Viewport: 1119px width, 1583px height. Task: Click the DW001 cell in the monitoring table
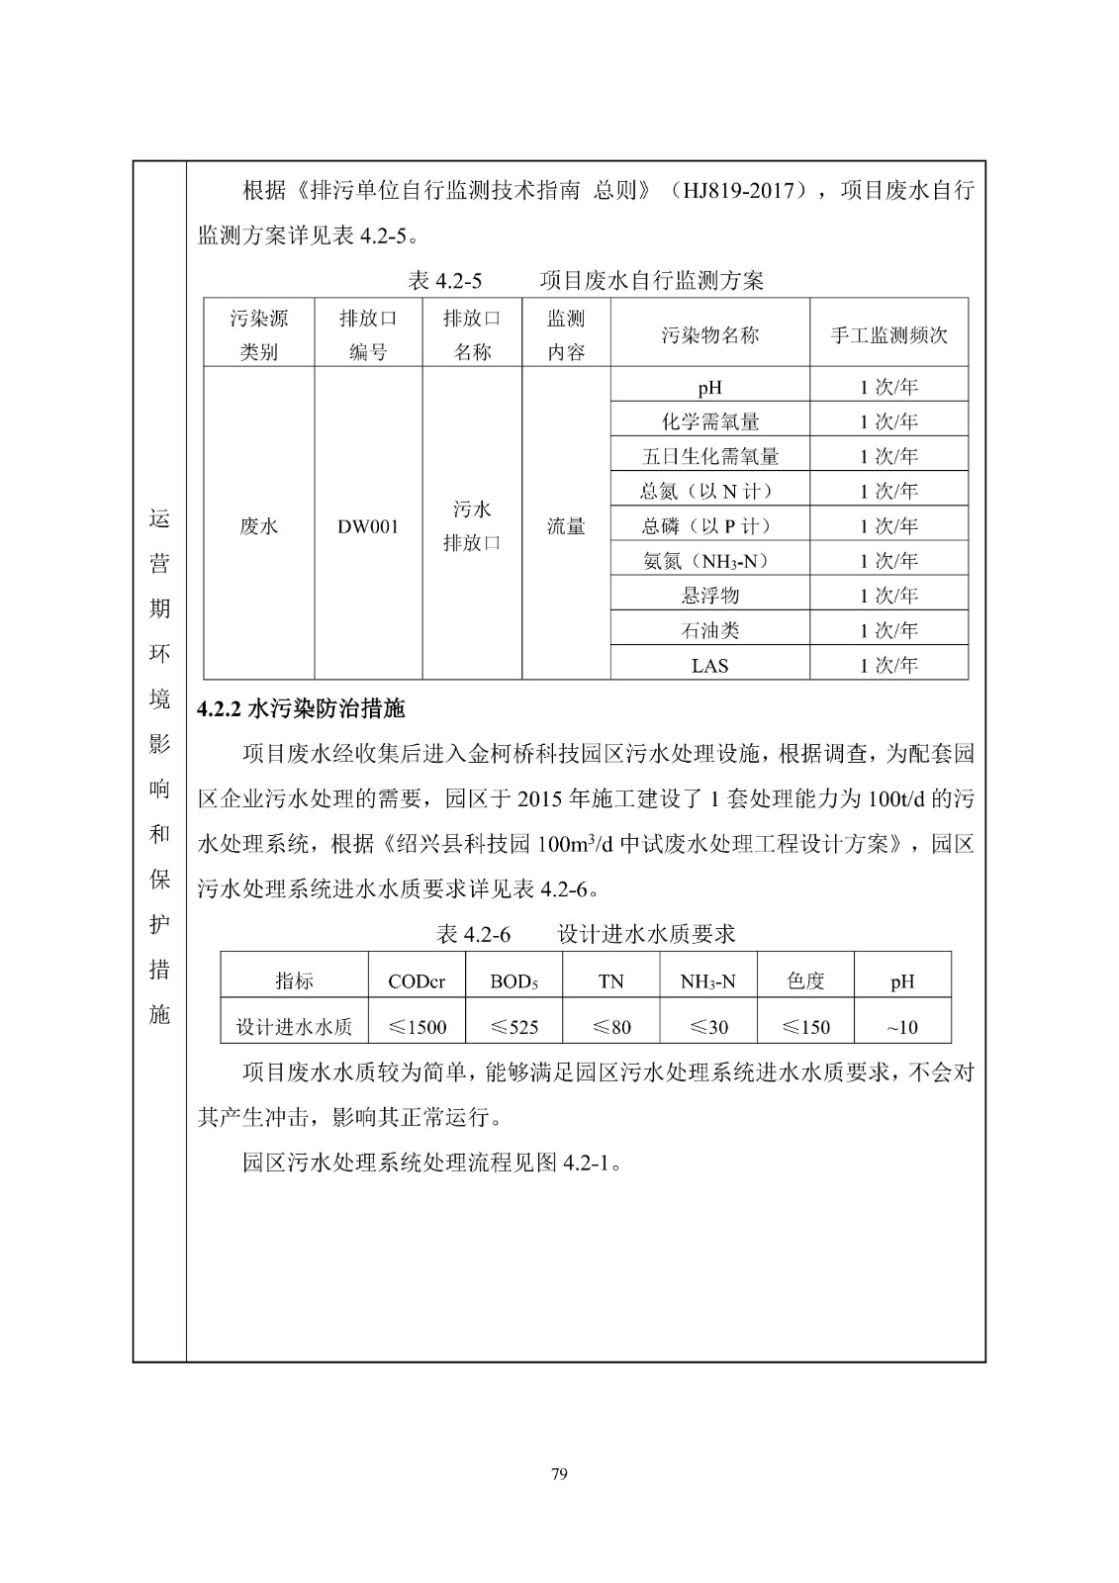368,526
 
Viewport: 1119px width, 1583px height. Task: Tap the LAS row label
709,666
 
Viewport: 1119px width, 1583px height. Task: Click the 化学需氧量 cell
709,421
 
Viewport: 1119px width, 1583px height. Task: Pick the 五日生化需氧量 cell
709,456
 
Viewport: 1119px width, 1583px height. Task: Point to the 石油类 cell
709,630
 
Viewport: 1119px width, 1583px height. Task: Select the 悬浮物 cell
709,596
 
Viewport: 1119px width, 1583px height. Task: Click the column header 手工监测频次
887,334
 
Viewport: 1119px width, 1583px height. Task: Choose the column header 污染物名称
709,334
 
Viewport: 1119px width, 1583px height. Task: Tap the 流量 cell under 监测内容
566,526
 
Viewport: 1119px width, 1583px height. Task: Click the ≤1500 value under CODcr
417,1027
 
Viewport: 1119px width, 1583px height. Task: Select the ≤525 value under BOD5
513,1027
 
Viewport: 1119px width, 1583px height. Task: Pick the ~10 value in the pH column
901,1027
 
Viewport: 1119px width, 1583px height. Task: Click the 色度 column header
805,980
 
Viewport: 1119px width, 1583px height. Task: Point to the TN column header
610,981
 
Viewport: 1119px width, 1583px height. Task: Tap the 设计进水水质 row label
294,1027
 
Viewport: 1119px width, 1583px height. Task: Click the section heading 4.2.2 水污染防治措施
301,708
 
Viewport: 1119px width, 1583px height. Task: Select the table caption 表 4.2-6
473,934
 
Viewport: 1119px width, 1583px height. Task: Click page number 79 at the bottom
559,1474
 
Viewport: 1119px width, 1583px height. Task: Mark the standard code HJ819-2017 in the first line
740,191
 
